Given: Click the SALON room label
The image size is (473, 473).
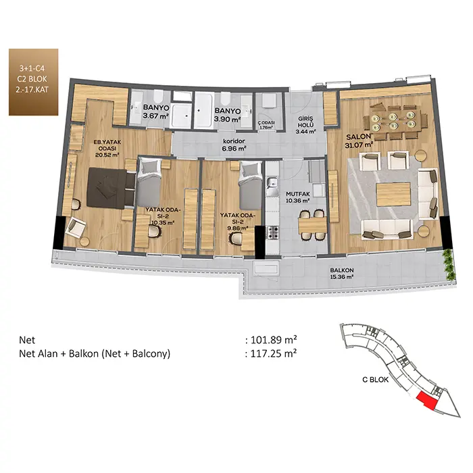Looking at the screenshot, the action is click(x=358, y=136).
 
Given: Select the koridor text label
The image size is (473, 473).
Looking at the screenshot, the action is click(x=234, y=141).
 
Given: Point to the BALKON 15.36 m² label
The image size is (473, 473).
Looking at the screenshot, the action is click(x=342, y=273).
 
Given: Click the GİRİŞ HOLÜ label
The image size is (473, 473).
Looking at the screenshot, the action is click(x=305, y=122).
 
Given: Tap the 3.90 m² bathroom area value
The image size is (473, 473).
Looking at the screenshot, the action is click(x=227, y=119).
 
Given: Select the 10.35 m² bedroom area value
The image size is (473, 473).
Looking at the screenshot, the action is click(x=163, y=223).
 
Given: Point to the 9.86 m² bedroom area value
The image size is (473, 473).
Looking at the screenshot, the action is click(x=238, y=228).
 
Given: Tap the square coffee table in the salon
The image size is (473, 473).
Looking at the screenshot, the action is click(x=393, y=195).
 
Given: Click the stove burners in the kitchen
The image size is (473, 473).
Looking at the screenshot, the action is click(x=272, y=233).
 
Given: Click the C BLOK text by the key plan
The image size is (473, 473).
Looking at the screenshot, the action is click(x=375, y=380).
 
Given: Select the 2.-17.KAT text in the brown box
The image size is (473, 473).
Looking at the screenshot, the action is click(x=33, y=90).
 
